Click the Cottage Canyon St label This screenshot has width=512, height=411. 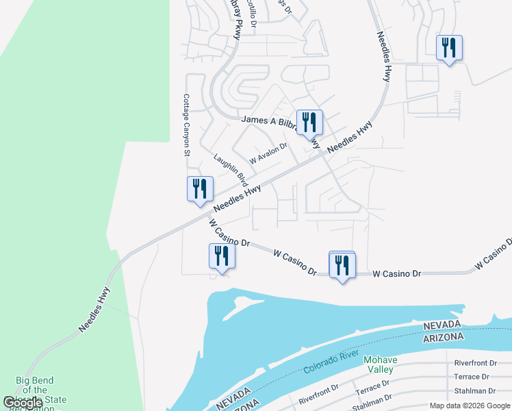pos(185,125)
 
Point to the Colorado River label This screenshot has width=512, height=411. pos(331,363)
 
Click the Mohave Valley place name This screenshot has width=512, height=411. pos(381,364)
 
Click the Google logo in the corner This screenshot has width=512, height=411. pos(22,403)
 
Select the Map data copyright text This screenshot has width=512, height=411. pos(470,406)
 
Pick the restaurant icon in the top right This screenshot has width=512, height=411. pos(449,48)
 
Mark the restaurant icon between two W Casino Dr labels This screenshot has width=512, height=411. pos(342,264)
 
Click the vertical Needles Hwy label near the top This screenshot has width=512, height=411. pos(383,57)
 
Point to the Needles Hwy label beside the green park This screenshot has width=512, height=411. pos(94,310)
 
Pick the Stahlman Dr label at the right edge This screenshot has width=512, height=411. pos(475,391)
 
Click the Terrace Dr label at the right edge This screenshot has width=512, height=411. pos(472,377)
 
